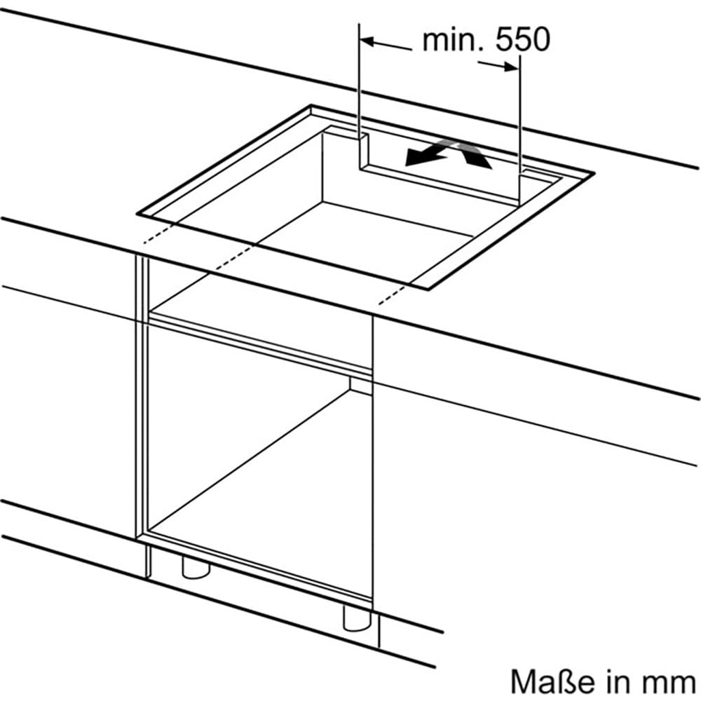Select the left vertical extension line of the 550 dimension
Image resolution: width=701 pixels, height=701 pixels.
click(359, 84)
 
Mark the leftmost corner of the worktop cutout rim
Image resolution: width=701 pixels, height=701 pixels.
click(138, 212)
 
